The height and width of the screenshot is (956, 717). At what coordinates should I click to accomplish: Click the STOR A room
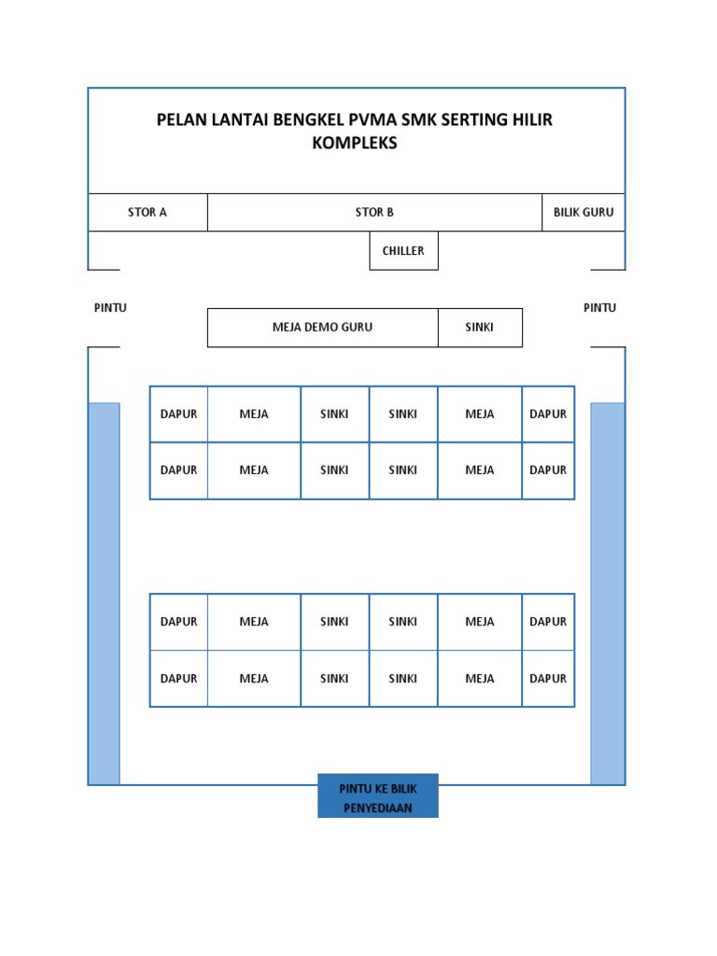click(148, 212)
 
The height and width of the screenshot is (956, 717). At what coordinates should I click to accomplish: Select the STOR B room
click(374, 212)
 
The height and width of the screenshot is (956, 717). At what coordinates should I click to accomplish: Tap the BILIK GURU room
click(583, 212)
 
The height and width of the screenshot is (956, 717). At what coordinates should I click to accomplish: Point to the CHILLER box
click(403, 251)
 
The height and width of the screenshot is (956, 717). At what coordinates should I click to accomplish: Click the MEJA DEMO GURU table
click(322, 328)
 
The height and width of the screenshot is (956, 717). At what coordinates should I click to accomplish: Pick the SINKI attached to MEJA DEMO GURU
click(480, 328)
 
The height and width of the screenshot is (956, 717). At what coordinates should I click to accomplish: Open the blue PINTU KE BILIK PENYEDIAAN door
click(377, 795)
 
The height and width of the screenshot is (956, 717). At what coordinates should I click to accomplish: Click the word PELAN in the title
click(183, 119)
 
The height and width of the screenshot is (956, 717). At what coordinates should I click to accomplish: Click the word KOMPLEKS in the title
click(355, 144)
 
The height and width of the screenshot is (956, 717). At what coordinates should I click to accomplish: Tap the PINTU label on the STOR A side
click(110, 308)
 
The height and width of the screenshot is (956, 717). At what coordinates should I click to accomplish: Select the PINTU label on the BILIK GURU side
click(599, 308)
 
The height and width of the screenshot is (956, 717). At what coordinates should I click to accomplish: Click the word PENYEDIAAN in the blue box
click(377, 808)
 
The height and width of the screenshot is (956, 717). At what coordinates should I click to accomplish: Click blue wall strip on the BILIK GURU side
click(608, 593)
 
